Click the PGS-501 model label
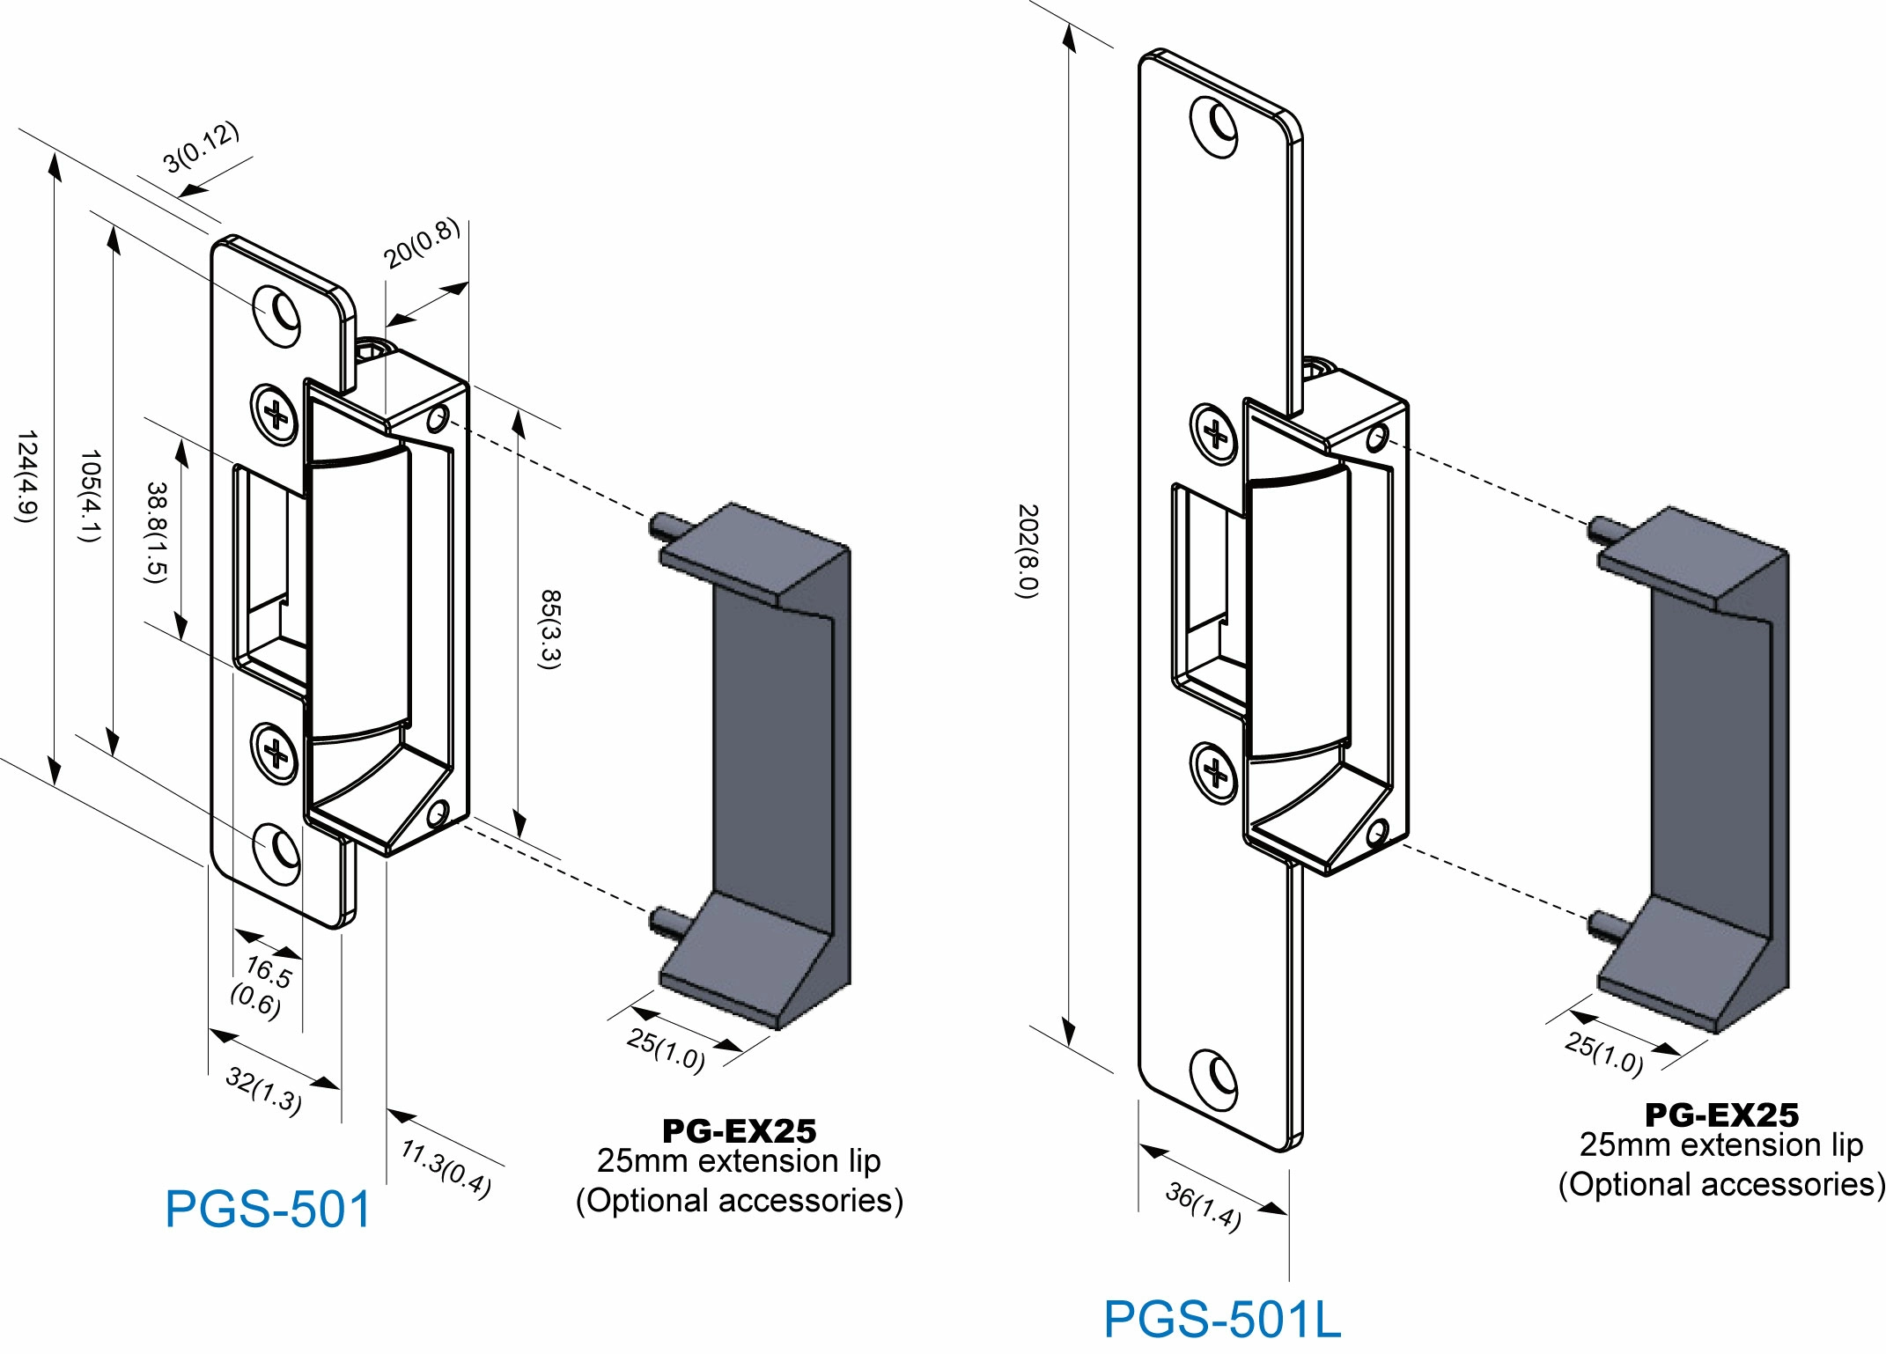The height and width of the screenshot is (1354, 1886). (268, 1209)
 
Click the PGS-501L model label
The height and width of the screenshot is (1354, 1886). (1222, 1319)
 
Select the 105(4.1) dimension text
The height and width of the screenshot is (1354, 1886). (90, 496)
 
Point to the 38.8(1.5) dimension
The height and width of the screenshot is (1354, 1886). (155, 532)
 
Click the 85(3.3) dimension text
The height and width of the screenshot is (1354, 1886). (549, 629)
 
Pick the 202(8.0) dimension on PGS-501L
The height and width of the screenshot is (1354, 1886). (1028, 551)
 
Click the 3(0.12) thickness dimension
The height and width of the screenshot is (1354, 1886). (201, 146)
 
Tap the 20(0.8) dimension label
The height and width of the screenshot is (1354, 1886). (421, 242)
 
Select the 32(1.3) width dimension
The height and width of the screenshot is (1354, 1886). (264, 1090)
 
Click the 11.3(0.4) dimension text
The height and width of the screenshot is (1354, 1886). (446, 1168)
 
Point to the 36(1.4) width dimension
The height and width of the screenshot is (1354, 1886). (1204, 1206)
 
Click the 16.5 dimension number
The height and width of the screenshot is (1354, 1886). (269, 972)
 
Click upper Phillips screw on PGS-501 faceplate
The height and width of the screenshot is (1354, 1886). (276, 414)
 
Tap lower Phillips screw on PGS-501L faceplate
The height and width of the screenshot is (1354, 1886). (1215, 773)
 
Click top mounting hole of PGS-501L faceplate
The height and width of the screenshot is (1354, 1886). (1215, 127)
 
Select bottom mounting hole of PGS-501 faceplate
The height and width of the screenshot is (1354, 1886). (278, 852)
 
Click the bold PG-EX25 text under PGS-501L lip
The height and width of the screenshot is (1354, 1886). (1721, 1115)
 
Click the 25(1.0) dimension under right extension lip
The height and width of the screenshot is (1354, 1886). (1603, 1053)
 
